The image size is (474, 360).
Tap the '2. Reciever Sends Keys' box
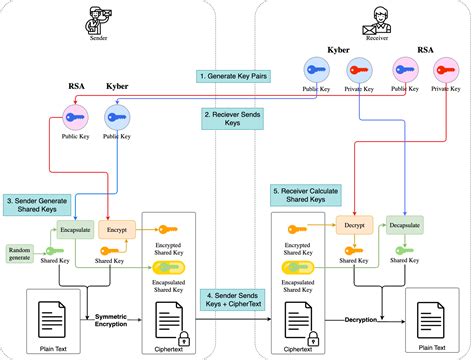click(x=237, y=119)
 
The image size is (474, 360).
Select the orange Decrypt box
click(x=355, y=226)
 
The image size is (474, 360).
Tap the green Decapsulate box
click(x=403, y=226)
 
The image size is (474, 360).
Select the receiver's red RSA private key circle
click(x=445, y=69)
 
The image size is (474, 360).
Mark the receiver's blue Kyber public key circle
click(x=316, y=69)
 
